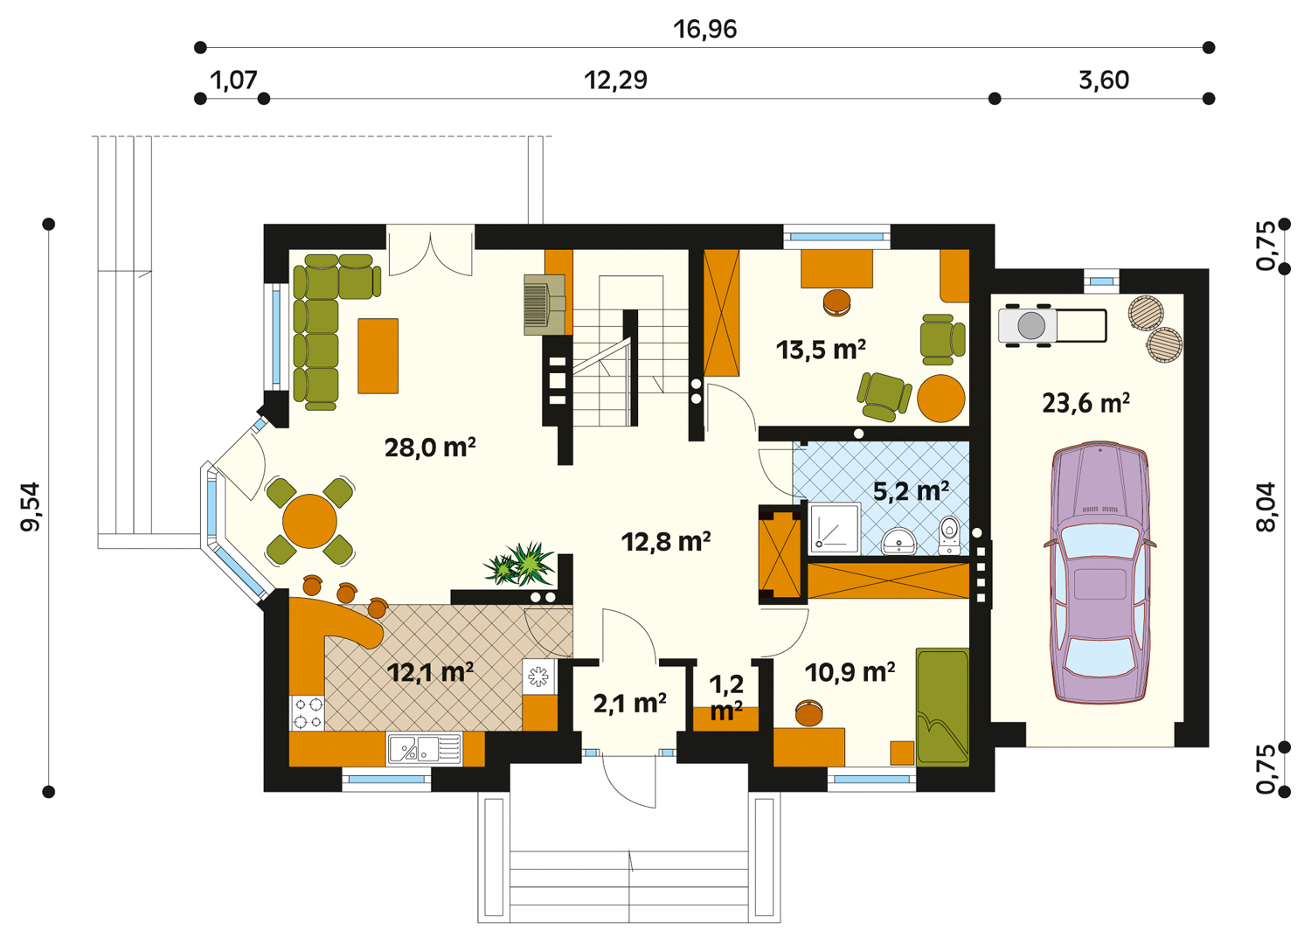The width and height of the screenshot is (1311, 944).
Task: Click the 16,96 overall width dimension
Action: point(704,29)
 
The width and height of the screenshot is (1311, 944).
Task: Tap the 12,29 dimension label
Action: point(615,80)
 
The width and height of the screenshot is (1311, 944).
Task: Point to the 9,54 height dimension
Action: point(31,507)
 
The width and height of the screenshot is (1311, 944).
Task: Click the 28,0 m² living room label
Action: point(430,448)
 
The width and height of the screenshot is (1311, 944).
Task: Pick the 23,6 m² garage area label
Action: point(1086,403)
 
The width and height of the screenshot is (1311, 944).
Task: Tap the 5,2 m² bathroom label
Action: point(911,491)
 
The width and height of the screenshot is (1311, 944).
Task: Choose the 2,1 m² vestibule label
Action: point(629,704)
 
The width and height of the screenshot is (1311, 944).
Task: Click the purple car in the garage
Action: point(1099,573)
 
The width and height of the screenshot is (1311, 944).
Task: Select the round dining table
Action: point(309,521)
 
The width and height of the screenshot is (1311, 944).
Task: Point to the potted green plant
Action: point(520,564)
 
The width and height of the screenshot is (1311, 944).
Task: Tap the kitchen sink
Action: point(424,748)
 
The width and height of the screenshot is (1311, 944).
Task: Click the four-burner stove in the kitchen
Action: point(308,713)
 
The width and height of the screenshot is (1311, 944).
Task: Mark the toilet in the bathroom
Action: point(948,535)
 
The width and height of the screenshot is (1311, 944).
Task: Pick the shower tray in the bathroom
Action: point(836,528)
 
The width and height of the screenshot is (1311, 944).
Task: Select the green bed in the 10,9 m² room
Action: point(942,706)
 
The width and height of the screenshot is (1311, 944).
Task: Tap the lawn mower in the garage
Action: point(1052,325)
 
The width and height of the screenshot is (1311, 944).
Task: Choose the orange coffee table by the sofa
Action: point(378,356)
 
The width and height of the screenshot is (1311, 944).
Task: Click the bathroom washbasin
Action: point(898,540)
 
